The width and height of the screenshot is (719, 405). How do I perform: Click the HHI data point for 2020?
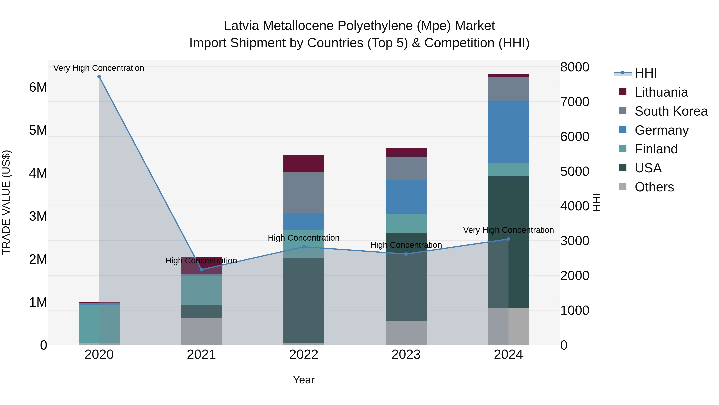(x=99, y=77)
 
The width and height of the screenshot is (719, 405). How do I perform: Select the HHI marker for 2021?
(x=202, y=269)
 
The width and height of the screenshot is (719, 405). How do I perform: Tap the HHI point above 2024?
(x=508, y=239)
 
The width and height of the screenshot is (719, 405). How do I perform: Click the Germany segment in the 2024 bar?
(x=508, y=132)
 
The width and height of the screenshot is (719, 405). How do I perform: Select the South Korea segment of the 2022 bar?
(x=304, y=193)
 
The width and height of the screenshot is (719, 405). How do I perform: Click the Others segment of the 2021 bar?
(x=202, y=331)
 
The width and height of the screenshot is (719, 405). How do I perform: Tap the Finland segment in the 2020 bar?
(x=99, y=323)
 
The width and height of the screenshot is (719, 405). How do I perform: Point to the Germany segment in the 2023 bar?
(x=406, y=197)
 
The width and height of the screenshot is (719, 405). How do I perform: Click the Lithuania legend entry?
(x=661, y=92)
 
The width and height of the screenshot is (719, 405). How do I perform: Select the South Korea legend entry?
(x=671, y=111)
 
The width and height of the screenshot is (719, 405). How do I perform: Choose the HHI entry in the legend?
(x=645, y=73)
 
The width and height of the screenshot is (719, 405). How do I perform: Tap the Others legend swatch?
(x=623, y=186)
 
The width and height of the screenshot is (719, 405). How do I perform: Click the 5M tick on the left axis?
(x=38, y=130)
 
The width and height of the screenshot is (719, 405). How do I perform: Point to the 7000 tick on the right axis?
(x=575, y=102)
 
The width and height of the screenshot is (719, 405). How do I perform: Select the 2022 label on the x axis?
(x=304, y=355)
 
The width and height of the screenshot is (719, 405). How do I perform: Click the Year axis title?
(x=304, y=380)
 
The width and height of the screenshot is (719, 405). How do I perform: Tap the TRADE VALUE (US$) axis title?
(x=6, y=202)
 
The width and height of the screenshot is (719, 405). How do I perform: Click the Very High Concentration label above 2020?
(x=99, y=68)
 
